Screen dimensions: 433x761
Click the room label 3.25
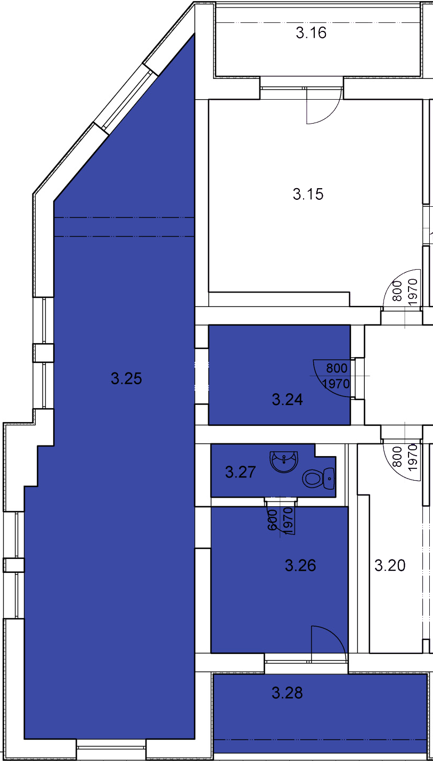[x=126, y=378]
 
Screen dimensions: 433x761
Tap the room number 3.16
[x=311, y=33]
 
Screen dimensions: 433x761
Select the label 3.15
[x=308, y=195]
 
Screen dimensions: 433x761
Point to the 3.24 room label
[x=287, y=400]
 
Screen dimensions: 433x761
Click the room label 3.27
[x=240, y=472]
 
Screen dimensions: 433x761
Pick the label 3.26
[x=300, y=565]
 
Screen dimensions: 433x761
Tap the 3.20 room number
[x=390, y=565]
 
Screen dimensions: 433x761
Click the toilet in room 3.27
[x=318, y=479]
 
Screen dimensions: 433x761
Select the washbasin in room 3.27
[x=284, y=462]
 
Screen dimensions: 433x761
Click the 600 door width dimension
[x=272, y=520]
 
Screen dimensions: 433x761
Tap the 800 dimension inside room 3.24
[x=337, y=368]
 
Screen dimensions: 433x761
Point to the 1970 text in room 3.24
[x=336, y=384]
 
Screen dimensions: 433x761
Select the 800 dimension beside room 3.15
[x=397, y=291]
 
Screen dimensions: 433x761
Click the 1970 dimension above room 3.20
[x=412, y=457]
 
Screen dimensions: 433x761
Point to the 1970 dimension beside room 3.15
[x=412, y=292]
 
